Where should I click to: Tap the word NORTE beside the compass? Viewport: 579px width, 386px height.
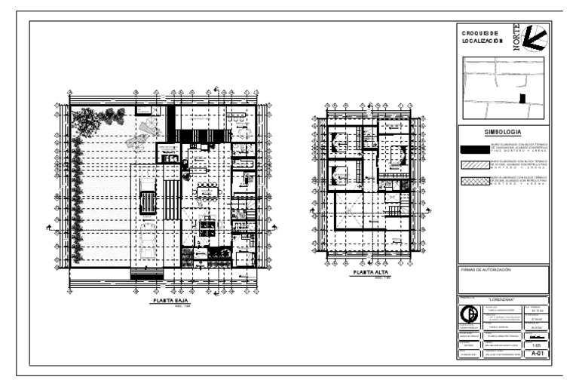[517, 38]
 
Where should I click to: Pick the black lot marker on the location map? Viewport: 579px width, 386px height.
[524, 98]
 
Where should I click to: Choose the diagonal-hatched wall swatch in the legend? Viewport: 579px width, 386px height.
[473, 164]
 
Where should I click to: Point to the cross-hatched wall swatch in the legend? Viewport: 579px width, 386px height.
[473, 180]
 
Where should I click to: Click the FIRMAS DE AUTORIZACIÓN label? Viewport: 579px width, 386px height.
[485, 269]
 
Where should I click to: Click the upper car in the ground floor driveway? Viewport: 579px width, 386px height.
[149, 201]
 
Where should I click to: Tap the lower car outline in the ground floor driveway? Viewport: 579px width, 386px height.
[149, 237]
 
